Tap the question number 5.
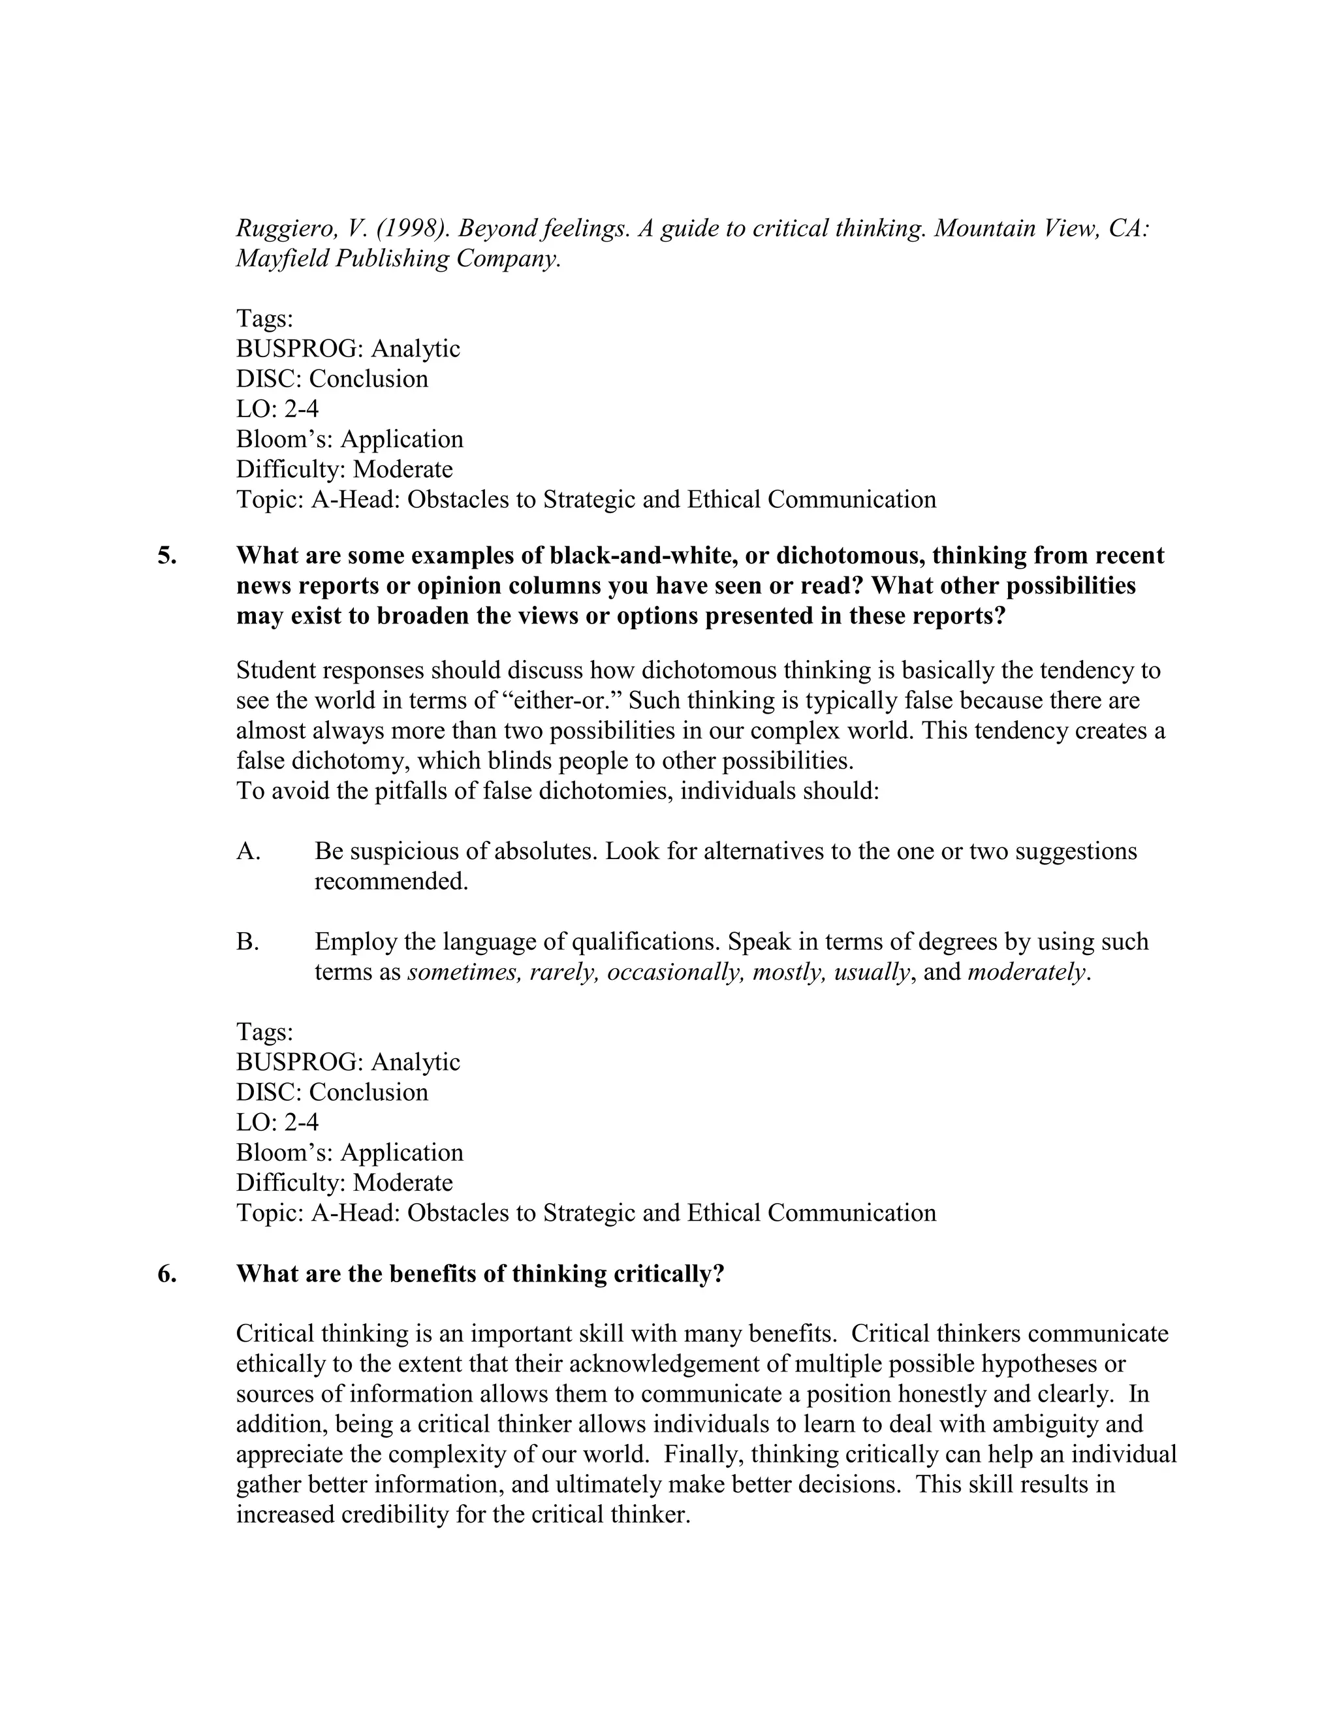click(x=167, y=556)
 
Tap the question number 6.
click(x=167, y=1274)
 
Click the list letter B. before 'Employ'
click(x=248, y=942)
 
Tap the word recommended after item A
click(x=391, y=881)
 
